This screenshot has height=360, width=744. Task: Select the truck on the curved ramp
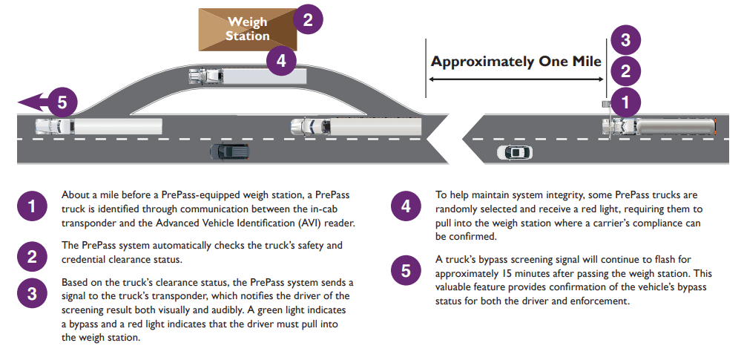[247, 76]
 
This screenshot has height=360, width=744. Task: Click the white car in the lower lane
[514, 152]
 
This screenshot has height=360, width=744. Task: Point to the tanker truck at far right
[660, 126]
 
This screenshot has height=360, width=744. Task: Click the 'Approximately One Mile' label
[516, 62]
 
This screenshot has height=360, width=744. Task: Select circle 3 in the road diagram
[625, 40]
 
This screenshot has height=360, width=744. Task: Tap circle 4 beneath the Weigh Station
[280, 60]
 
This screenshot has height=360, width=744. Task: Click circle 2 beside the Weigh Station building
[307, 19]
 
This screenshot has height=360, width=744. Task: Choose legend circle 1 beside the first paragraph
[32, 207]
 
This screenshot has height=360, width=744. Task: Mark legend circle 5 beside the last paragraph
[406, 270]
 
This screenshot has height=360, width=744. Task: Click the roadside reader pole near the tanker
[606, 111]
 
